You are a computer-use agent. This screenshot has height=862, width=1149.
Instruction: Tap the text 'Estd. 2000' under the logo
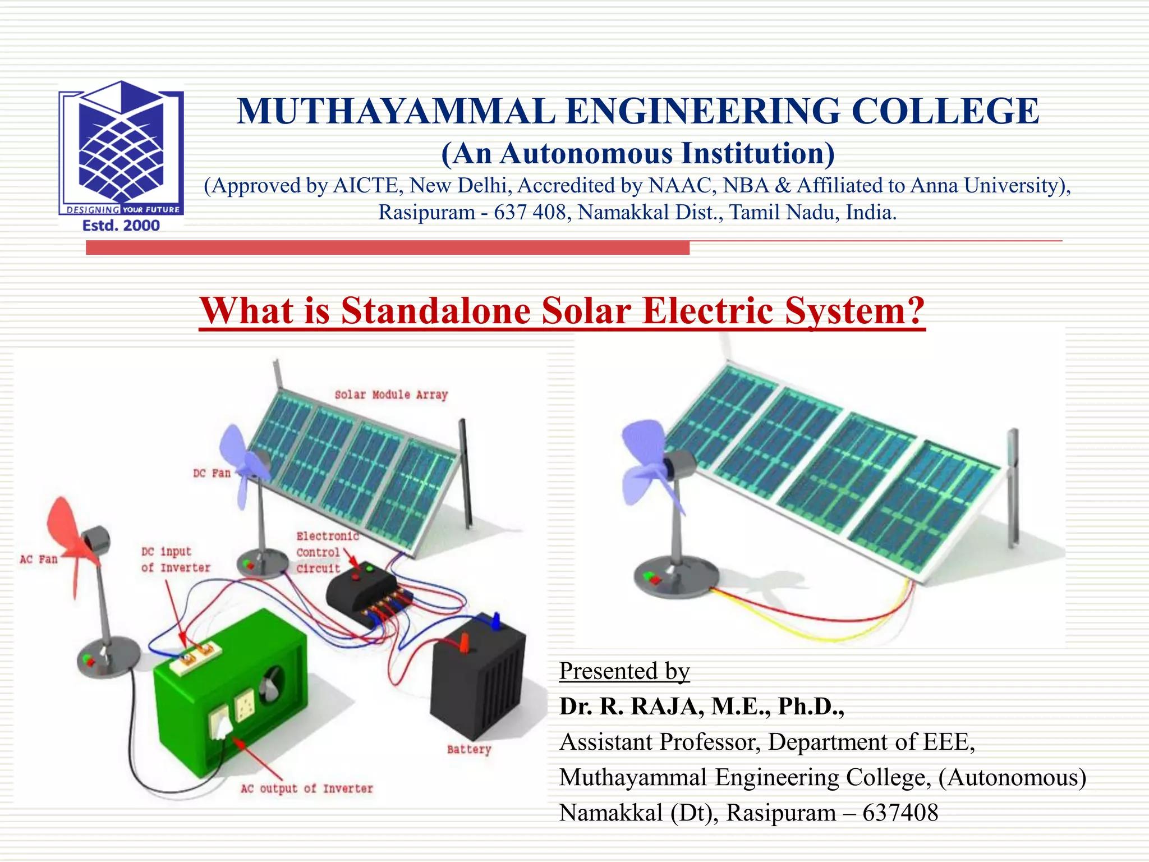[x=121, y=226]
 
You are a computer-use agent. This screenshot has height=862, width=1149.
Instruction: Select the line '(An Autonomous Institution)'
[x=638, y=154]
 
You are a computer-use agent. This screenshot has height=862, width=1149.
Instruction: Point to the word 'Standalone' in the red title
[x=435, y=311]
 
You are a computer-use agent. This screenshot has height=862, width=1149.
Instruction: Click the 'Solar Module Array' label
[x=391, y=395]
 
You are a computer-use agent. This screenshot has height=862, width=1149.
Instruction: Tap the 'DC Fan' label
[x=212, y=473]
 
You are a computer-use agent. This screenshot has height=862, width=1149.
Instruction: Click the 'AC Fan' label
[x=39, y=559]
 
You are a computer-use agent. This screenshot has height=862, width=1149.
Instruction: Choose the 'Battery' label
[x=469, y=749]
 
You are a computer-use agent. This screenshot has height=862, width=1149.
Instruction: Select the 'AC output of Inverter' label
[x=307, y=788]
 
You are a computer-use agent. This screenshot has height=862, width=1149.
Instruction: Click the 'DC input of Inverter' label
[x=175, y=560]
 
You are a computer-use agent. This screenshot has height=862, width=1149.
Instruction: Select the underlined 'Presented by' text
[x=624, y=671]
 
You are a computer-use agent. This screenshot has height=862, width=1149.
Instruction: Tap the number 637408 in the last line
[x=900, y=813]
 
